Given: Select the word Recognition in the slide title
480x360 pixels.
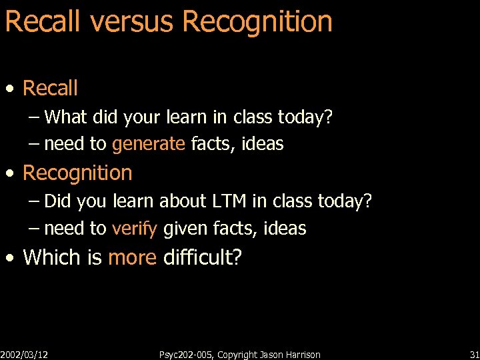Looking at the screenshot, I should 257,21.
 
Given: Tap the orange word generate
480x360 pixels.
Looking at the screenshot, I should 149,143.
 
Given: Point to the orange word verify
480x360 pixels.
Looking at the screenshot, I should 135,229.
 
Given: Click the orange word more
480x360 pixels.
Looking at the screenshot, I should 132,257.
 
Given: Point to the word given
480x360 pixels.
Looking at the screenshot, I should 185,229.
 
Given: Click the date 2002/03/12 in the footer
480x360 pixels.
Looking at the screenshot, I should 24,355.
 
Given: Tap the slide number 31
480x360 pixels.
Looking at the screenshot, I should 474,355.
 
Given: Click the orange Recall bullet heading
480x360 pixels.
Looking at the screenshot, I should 50,88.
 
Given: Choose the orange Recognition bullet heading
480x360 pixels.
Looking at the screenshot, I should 77,173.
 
